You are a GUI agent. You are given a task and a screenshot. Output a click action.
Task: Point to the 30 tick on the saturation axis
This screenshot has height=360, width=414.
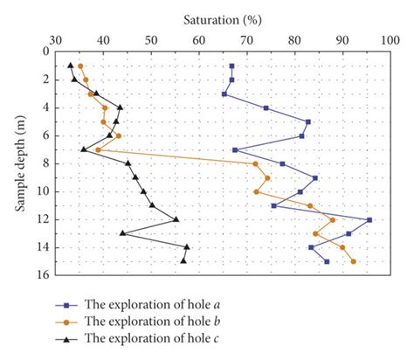point(55,39)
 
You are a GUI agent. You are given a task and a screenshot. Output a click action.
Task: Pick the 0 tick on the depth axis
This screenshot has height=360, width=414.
point(43,52)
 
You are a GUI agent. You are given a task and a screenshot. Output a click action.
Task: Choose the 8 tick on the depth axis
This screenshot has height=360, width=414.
point(43,163)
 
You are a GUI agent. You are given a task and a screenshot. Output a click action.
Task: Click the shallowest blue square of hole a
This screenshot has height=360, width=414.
point(231,66)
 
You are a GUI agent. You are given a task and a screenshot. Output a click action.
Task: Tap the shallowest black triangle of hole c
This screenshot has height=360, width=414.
point(71,66)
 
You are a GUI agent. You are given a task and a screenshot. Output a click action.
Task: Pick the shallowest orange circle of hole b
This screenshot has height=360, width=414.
point(80,66)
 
